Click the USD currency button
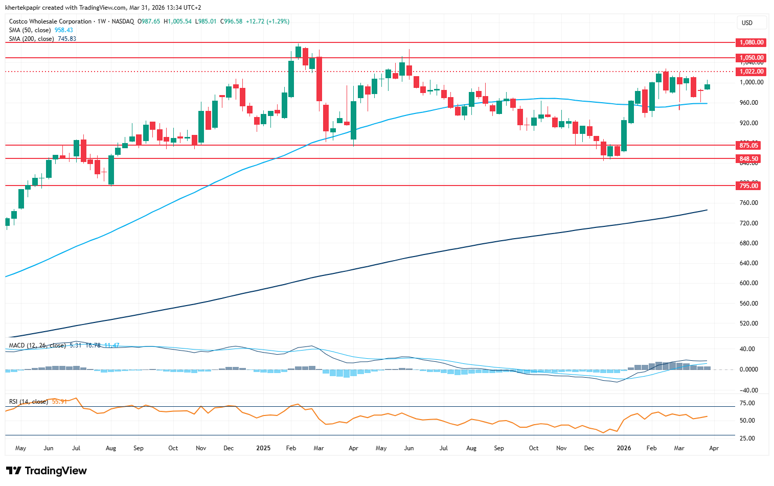[x=747, y=22]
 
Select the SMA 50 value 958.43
[x=64, y=30]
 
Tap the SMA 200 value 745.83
[x=66, y=39]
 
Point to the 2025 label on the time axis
[x=263, y=448]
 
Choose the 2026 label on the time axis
[x=624, y=448]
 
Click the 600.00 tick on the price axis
[x=749, y=283]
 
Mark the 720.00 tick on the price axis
[x=749, y=223]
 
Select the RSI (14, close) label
[x=29, y=402]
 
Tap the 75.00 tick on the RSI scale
[x=747, y=403]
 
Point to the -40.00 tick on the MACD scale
[x=748, y=390]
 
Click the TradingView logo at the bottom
[x=47, y=471]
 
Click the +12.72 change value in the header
[x=255, y=21]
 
